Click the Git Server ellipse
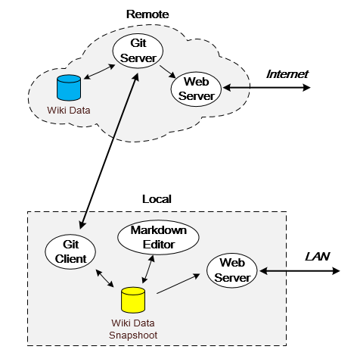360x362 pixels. click(138, 51)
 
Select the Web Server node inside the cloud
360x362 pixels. click(196, 89)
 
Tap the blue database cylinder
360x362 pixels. click(69, 88)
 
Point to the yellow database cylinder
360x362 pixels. click(133, 300)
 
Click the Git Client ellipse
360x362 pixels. click(70, 251)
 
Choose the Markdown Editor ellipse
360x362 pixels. click(158, 237)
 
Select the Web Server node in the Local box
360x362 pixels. click(232, 270)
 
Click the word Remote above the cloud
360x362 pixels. click(147, 14)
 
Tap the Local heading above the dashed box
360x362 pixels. click(157, 199)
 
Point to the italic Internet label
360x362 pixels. click(287, 74)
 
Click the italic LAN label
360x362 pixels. click(317, 257)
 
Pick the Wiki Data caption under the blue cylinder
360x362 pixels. click(69, 111)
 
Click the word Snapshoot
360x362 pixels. click(133, 335)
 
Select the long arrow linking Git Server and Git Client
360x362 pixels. click(109, 151)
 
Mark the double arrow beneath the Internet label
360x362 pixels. click(267, 88)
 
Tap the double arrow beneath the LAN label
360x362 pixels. click(299, 271)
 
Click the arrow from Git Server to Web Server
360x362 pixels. click(167, 72)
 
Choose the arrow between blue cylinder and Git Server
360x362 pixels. click(99, 72)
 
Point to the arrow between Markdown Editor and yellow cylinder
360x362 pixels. click(148, 269)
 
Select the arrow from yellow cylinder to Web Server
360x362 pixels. click(178, 284)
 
